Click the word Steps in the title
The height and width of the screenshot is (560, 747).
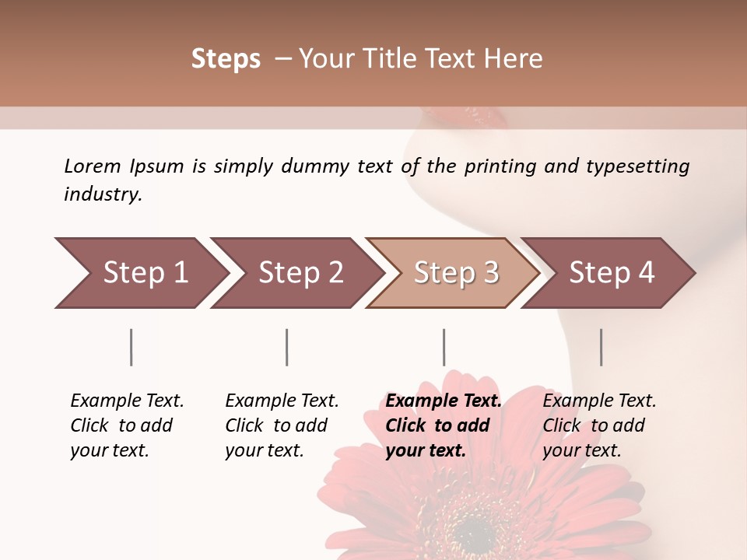pos(226,59)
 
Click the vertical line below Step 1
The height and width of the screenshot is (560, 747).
pos(132,347)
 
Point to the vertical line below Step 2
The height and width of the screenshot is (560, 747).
pos(287,347)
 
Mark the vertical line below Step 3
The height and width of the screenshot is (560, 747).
pos(444,347)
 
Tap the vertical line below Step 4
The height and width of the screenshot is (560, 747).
pos(601,347)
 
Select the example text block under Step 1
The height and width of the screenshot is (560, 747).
pos(127,425)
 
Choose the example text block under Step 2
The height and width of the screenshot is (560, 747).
pos(282,425)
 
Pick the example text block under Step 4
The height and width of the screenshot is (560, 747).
pos(599,425)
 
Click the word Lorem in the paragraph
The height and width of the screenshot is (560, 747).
pos(93,166)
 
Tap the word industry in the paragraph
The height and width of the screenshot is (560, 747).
pos(103,194)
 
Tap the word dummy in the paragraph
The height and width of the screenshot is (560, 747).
pos(338,166)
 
